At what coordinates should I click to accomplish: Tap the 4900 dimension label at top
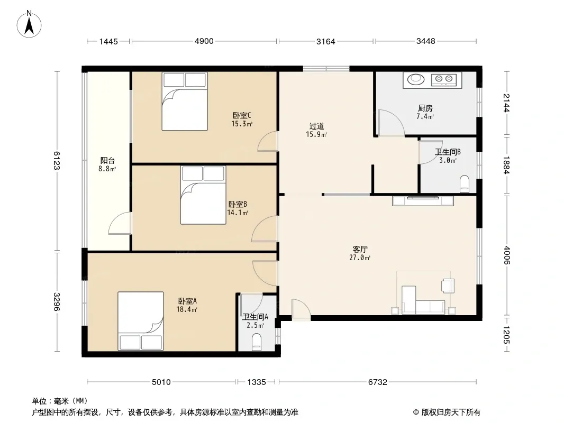click(204, 41)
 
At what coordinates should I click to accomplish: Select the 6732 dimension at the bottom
click(377, 382)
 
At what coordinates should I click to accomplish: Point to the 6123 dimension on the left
click(57, 160)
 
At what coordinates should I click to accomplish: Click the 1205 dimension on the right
click(506, 334)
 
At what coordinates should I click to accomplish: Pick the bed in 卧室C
click(185, 102)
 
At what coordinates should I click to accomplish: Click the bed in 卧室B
click(203, 195)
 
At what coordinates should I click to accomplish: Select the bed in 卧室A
click(141, 320)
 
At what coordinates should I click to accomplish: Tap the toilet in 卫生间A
click(257, 342)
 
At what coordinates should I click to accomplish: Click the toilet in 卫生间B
click(465, 183)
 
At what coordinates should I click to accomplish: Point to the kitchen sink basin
click(416, 79)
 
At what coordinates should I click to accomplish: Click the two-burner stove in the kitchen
click(444, 79)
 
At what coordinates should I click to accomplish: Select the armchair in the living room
click(448, 285)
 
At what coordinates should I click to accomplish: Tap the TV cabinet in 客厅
click(423, 200)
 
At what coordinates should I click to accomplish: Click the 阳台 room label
click(107, 160)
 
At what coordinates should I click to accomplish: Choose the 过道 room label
click(316, 126)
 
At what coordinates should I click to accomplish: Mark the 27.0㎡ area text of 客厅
click(360, 258)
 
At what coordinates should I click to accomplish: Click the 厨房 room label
click(425, 108)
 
